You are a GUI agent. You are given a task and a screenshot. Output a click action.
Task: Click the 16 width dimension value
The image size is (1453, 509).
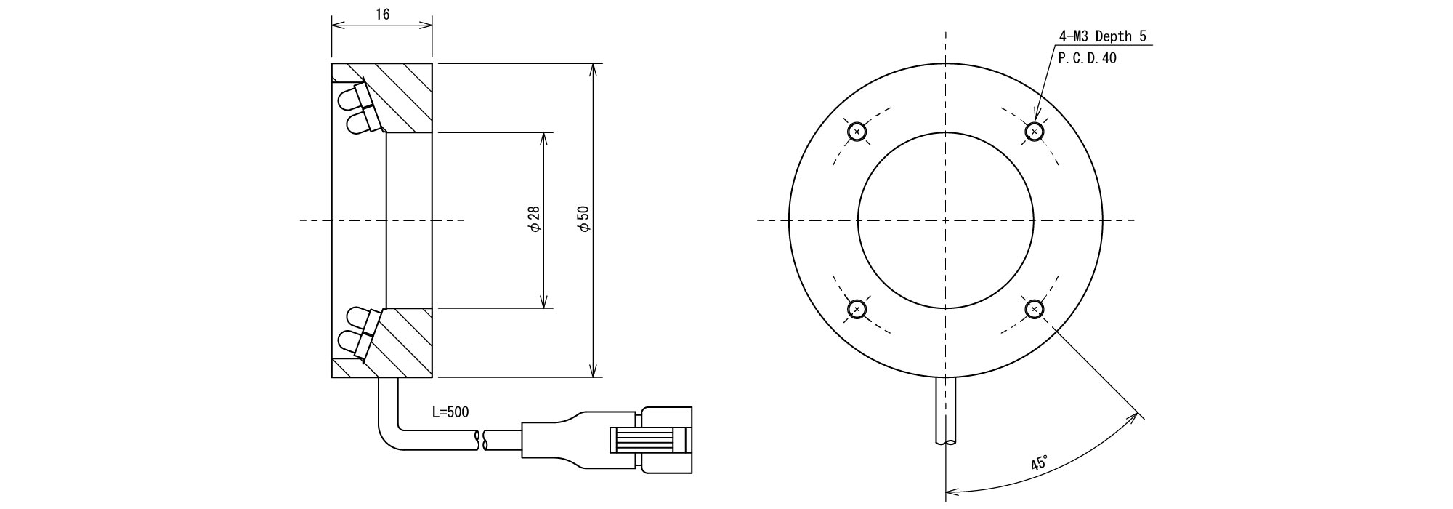tap(382, 15)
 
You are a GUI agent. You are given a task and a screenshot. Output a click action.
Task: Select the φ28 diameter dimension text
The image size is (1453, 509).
tap(535, 219)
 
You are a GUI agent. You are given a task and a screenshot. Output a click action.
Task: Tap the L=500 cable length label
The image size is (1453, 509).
tap(450, 412)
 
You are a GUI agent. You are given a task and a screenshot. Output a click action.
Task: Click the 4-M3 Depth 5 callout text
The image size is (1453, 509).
tap(1103, 36)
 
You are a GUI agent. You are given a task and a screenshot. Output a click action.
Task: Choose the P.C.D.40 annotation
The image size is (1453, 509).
tap(1088, 58)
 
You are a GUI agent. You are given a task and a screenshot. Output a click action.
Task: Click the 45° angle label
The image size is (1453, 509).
tap(1040, 463)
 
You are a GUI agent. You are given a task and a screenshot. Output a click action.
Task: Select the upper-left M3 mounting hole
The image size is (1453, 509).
tap(858, 132)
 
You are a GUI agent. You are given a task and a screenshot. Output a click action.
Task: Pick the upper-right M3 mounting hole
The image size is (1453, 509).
tap(1035, 132)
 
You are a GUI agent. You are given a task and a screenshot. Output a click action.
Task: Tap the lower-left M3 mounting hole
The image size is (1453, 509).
tap(858, 309)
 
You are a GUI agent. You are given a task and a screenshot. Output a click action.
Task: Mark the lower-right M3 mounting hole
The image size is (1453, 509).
tap(1035, 309)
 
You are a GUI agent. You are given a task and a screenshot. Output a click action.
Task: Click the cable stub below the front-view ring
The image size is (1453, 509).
tap(946, 411)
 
